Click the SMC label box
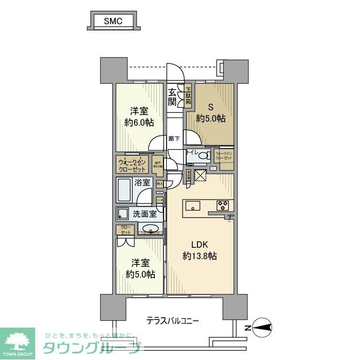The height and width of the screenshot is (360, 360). point(112,21)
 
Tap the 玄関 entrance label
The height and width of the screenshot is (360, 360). point(173,96)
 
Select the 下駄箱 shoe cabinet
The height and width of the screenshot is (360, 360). point(188,96)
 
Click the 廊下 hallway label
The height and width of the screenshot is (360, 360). point(174,138)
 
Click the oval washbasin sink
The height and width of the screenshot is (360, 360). point(150,229)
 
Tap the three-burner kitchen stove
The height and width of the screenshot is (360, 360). point(223,205)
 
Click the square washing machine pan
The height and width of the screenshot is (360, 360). point(123,214)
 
